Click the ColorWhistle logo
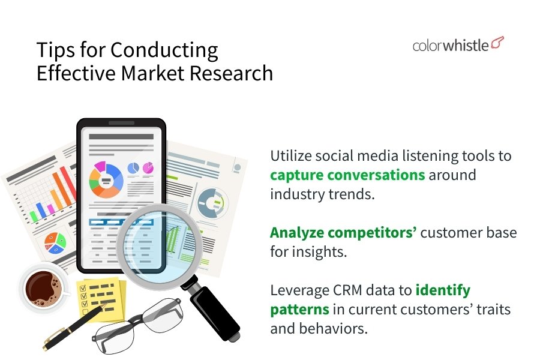tap(458, 45)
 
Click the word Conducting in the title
tap(164, 50)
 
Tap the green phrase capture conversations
tap(347, 175)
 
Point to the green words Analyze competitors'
tap(343, 233)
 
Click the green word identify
tap(443, 290)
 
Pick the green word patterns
tap(299, 310)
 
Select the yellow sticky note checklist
tap(101, 298)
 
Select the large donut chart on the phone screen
tap(106, 179)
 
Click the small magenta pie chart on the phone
tap(148, 168)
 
